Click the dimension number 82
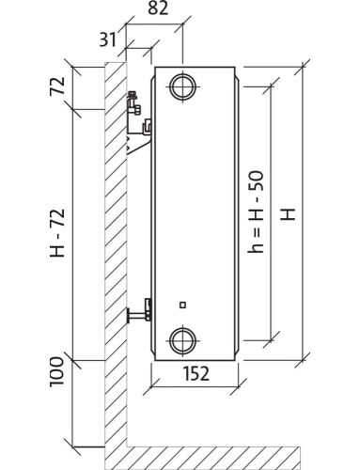point(158,8)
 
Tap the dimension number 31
point(107,39)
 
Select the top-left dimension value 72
point(57,86)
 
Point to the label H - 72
point(57,233)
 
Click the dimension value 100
point(57,371)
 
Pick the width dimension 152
point(196,373)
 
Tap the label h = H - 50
point(256,211)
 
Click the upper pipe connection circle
point(183,86)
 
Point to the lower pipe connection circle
point(183,340)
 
